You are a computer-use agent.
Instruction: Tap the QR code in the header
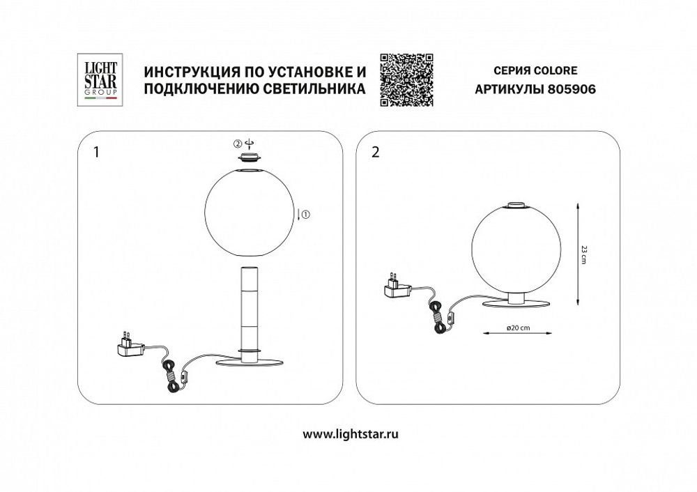[x=406, y=80]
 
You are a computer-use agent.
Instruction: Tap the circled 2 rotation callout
[x=238, y=144]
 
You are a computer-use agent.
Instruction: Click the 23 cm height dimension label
[x=585, y=252]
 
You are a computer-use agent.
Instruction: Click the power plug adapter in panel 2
[x=398, y=287]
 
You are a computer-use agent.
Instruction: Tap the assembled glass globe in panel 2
[x=516, y=249]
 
